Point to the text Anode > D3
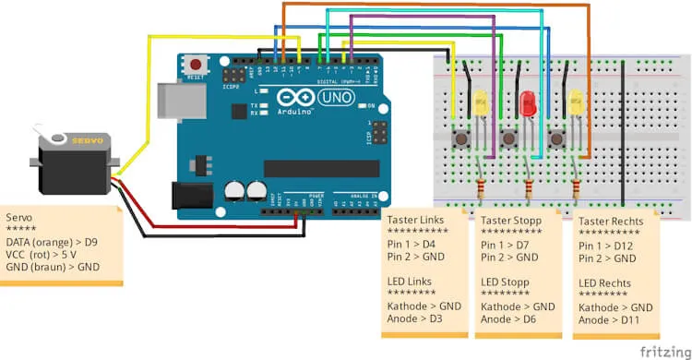pyautogui.click(x=413, y=319)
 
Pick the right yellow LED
pyautogui.click(x=577, y=102)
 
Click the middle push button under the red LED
pyautogui.click(x=508, y=138)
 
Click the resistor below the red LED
pyautogui.click(x=529, y=189)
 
